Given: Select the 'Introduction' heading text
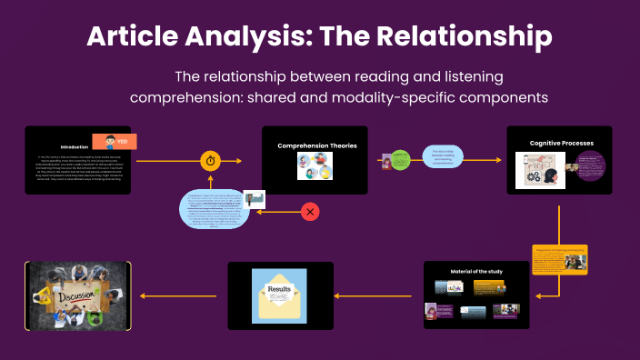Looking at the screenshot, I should (74, 146).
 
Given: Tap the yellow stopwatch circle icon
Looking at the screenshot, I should (211, 161).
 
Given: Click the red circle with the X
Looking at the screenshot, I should (310, 212).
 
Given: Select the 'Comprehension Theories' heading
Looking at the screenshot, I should (316, 145).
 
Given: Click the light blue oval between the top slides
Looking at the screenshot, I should (441, 158).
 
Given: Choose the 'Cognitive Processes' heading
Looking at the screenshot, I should (561, 143).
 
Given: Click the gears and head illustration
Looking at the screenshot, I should (540, 170).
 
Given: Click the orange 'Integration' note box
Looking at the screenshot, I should (559, 259).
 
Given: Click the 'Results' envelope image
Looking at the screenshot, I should (280, 296).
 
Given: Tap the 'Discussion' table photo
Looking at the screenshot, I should (77, 295).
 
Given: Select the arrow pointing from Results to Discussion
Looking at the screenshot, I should (178, 295).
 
